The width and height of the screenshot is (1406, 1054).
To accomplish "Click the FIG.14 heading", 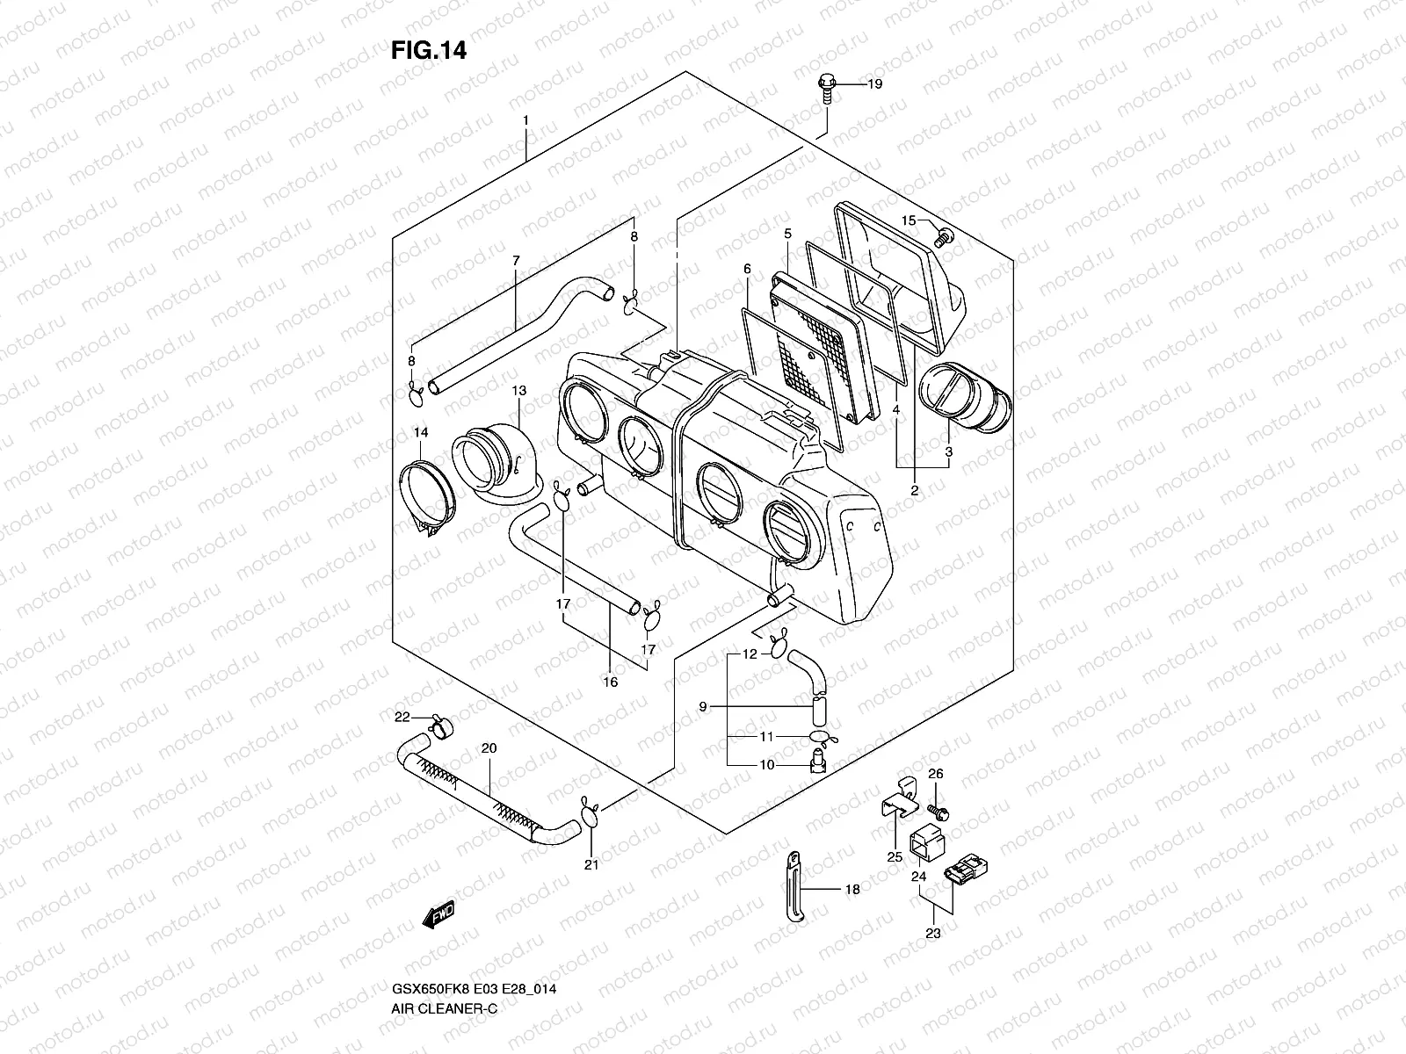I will (429, 51).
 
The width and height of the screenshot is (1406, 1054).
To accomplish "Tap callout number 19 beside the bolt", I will (874, 84).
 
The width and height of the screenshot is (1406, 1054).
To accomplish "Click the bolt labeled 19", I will (825, 88).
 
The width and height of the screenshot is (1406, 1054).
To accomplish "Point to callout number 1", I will (525, 119).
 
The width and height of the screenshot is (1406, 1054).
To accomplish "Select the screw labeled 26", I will (939, 813).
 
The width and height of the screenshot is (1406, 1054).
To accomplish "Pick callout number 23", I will (932, 934).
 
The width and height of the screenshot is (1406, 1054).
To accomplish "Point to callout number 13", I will (518, 390).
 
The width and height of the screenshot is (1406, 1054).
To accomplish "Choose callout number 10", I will (766, 765).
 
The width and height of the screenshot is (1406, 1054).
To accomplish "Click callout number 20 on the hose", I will (489, 748).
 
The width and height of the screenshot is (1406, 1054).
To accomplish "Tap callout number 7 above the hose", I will (516, 261).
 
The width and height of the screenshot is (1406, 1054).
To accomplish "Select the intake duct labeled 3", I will (965, 404).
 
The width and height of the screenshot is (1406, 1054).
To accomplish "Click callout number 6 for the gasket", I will (746, 268).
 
